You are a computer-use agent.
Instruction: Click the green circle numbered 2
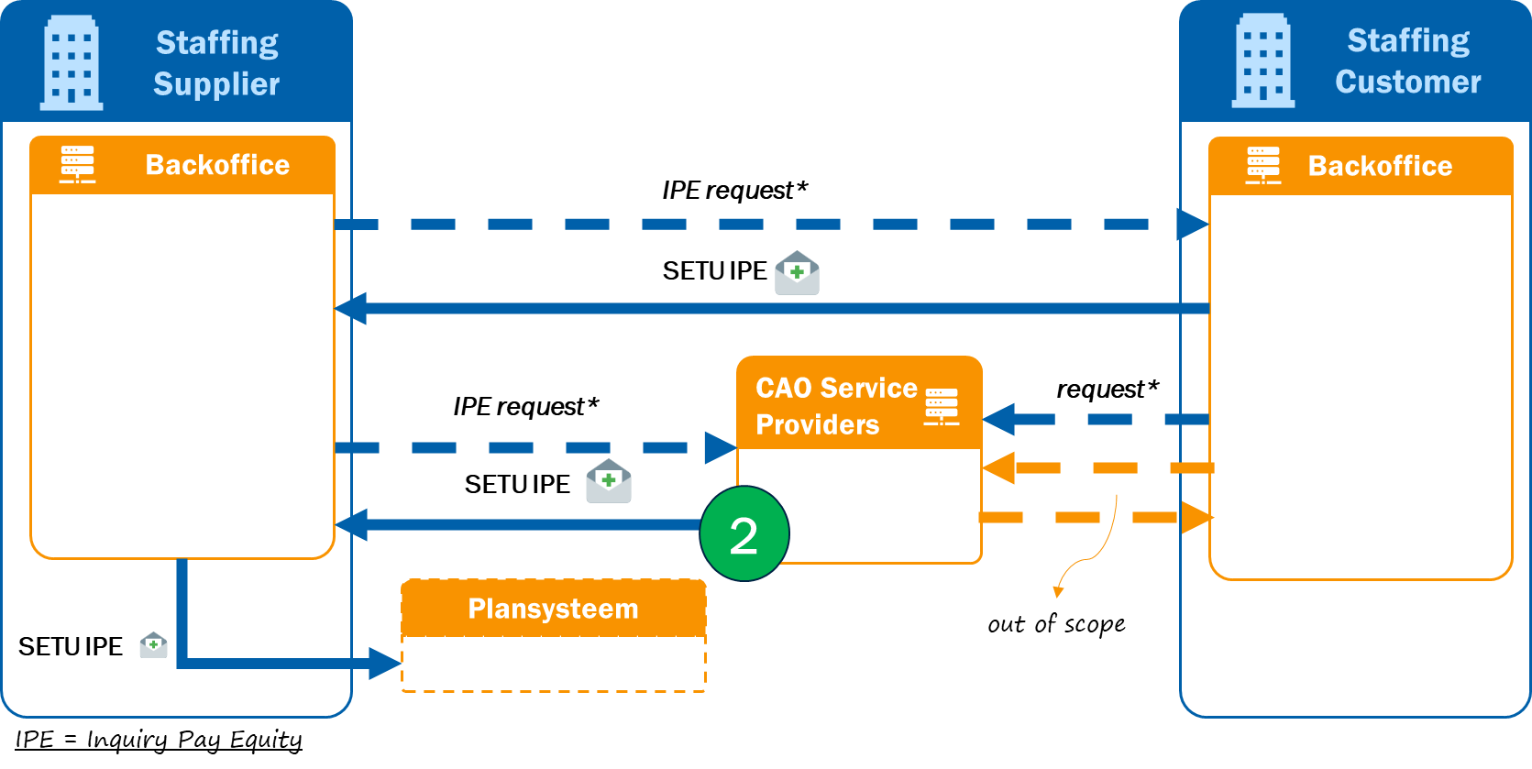coord(744,533)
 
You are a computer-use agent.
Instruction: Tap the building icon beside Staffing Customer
coord(1262,61)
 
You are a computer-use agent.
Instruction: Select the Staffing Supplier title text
coord(216,63)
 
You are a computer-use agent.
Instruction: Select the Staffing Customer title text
coord(1407,61)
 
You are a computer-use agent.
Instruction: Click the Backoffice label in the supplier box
coord(217,165)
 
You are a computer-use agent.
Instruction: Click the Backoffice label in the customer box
coord(1380,166)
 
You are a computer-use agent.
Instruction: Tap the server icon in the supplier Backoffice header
coord(77,164)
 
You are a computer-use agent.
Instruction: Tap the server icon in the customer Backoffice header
coord(1262,165)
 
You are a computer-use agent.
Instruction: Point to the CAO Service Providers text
coord(834,406)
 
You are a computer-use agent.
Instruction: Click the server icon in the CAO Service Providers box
coord(942,406)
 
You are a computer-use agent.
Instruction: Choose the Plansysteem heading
coord(553,609)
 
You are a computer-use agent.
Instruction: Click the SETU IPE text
coord(71,647)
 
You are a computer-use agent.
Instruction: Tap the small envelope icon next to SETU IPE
coord(153,645)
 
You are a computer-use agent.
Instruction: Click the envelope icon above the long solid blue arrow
coord(797,273)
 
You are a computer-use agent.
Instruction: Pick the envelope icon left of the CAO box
coord(609,481)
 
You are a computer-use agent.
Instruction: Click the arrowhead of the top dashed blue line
coord(1193,224)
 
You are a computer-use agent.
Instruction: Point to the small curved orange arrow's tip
coord(1058,593)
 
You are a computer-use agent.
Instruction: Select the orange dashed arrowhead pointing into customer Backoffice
coord(1196,517)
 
